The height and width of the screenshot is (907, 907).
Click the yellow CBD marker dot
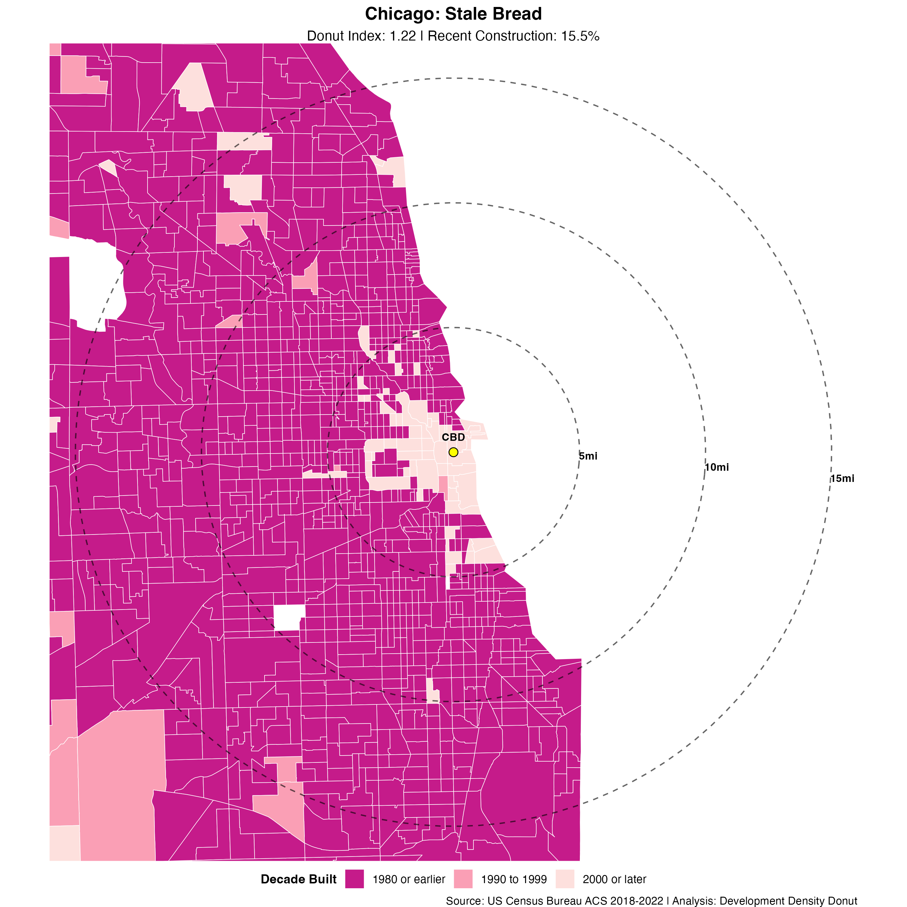[453, 452]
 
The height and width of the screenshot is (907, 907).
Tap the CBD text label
[453, 437]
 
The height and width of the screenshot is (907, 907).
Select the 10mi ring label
[717, 467]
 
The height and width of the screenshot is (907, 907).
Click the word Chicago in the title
[402, 14]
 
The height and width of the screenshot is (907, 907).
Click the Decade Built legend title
[299, 879]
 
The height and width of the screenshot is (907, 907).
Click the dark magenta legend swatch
[354, 879]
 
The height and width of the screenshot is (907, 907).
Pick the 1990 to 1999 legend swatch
[463, 879]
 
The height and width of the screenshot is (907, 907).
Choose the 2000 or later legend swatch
[565, 879]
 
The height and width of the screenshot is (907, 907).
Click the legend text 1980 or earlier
[408, 879]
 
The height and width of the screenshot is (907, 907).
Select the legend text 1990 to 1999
[514, 879]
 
